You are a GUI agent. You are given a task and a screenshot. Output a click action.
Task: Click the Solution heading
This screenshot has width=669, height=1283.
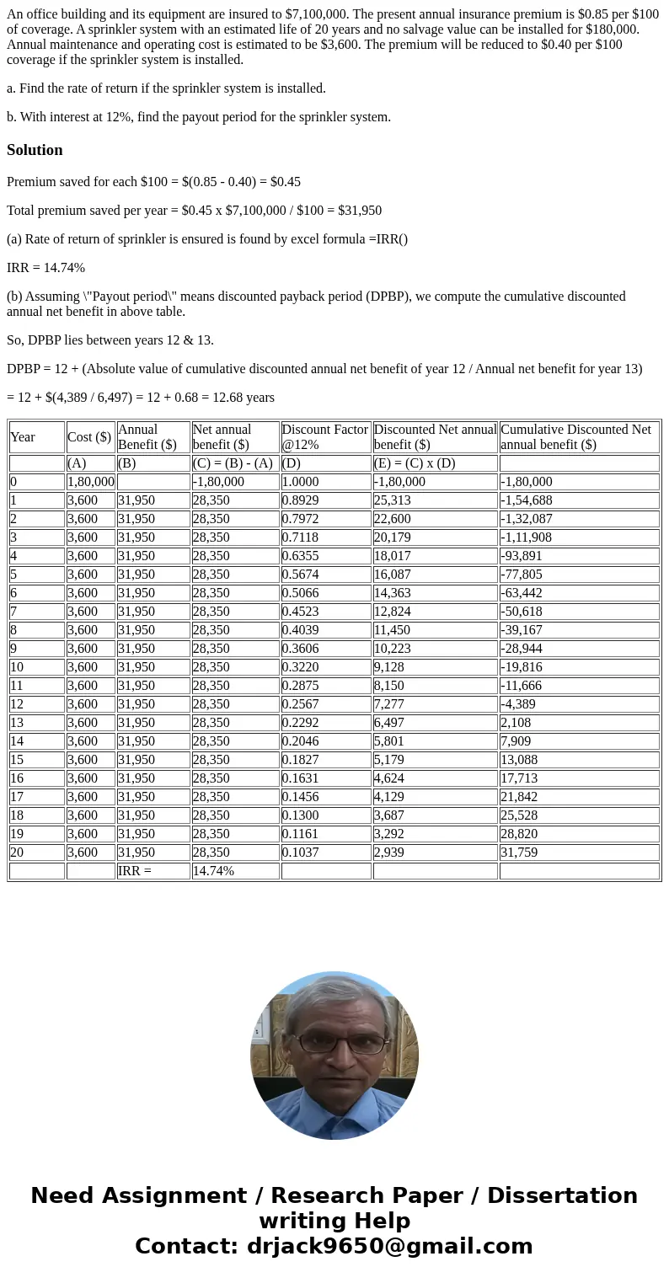35,150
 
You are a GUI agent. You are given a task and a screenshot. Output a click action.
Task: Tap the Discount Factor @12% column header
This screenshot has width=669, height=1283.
325,436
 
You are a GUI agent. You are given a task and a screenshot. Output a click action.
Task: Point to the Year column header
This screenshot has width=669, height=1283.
23,436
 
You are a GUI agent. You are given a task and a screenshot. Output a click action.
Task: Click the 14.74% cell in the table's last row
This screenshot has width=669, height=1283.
214,871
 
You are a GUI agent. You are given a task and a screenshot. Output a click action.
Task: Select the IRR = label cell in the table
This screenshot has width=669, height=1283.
135,871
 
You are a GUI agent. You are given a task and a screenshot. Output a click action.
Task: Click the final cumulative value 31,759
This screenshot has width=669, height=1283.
519,853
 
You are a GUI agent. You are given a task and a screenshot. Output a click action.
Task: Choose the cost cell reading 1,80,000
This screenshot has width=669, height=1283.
91,482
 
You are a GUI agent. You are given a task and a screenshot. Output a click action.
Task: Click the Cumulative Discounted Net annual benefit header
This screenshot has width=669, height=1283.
575,436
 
